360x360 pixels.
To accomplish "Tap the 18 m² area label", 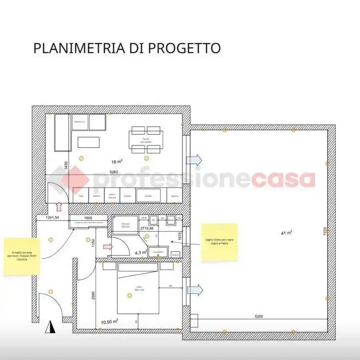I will (117, 162).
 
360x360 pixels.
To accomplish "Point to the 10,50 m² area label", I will (109, 321).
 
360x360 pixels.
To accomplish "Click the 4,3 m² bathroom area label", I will (140, 252).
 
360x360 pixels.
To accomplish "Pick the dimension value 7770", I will (325, 233).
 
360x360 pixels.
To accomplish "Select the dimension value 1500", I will (88, 218).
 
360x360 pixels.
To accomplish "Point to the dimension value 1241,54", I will (52, 218).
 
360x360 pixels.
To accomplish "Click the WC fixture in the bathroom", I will (153, 220).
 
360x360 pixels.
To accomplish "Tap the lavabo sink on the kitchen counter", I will (148, 196).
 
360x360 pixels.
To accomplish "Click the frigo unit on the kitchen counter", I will (81, 196).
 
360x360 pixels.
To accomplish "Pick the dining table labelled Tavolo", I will (146, 140).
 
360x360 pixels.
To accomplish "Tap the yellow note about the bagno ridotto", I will (219, 242).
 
